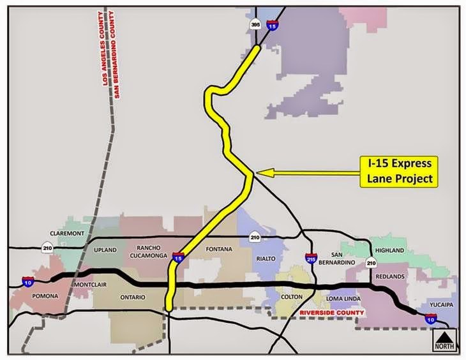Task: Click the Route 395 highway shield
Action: (255, 25)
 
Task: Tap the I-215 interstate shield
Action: (310, 260)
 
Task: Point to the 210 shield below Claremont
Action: (48, 246)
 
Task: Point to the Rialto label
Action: (265, 258)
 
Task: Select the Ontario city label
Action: (132, 297)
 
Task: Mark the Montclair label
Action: (92, 283)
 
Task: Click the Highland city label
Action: (391, 250)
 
